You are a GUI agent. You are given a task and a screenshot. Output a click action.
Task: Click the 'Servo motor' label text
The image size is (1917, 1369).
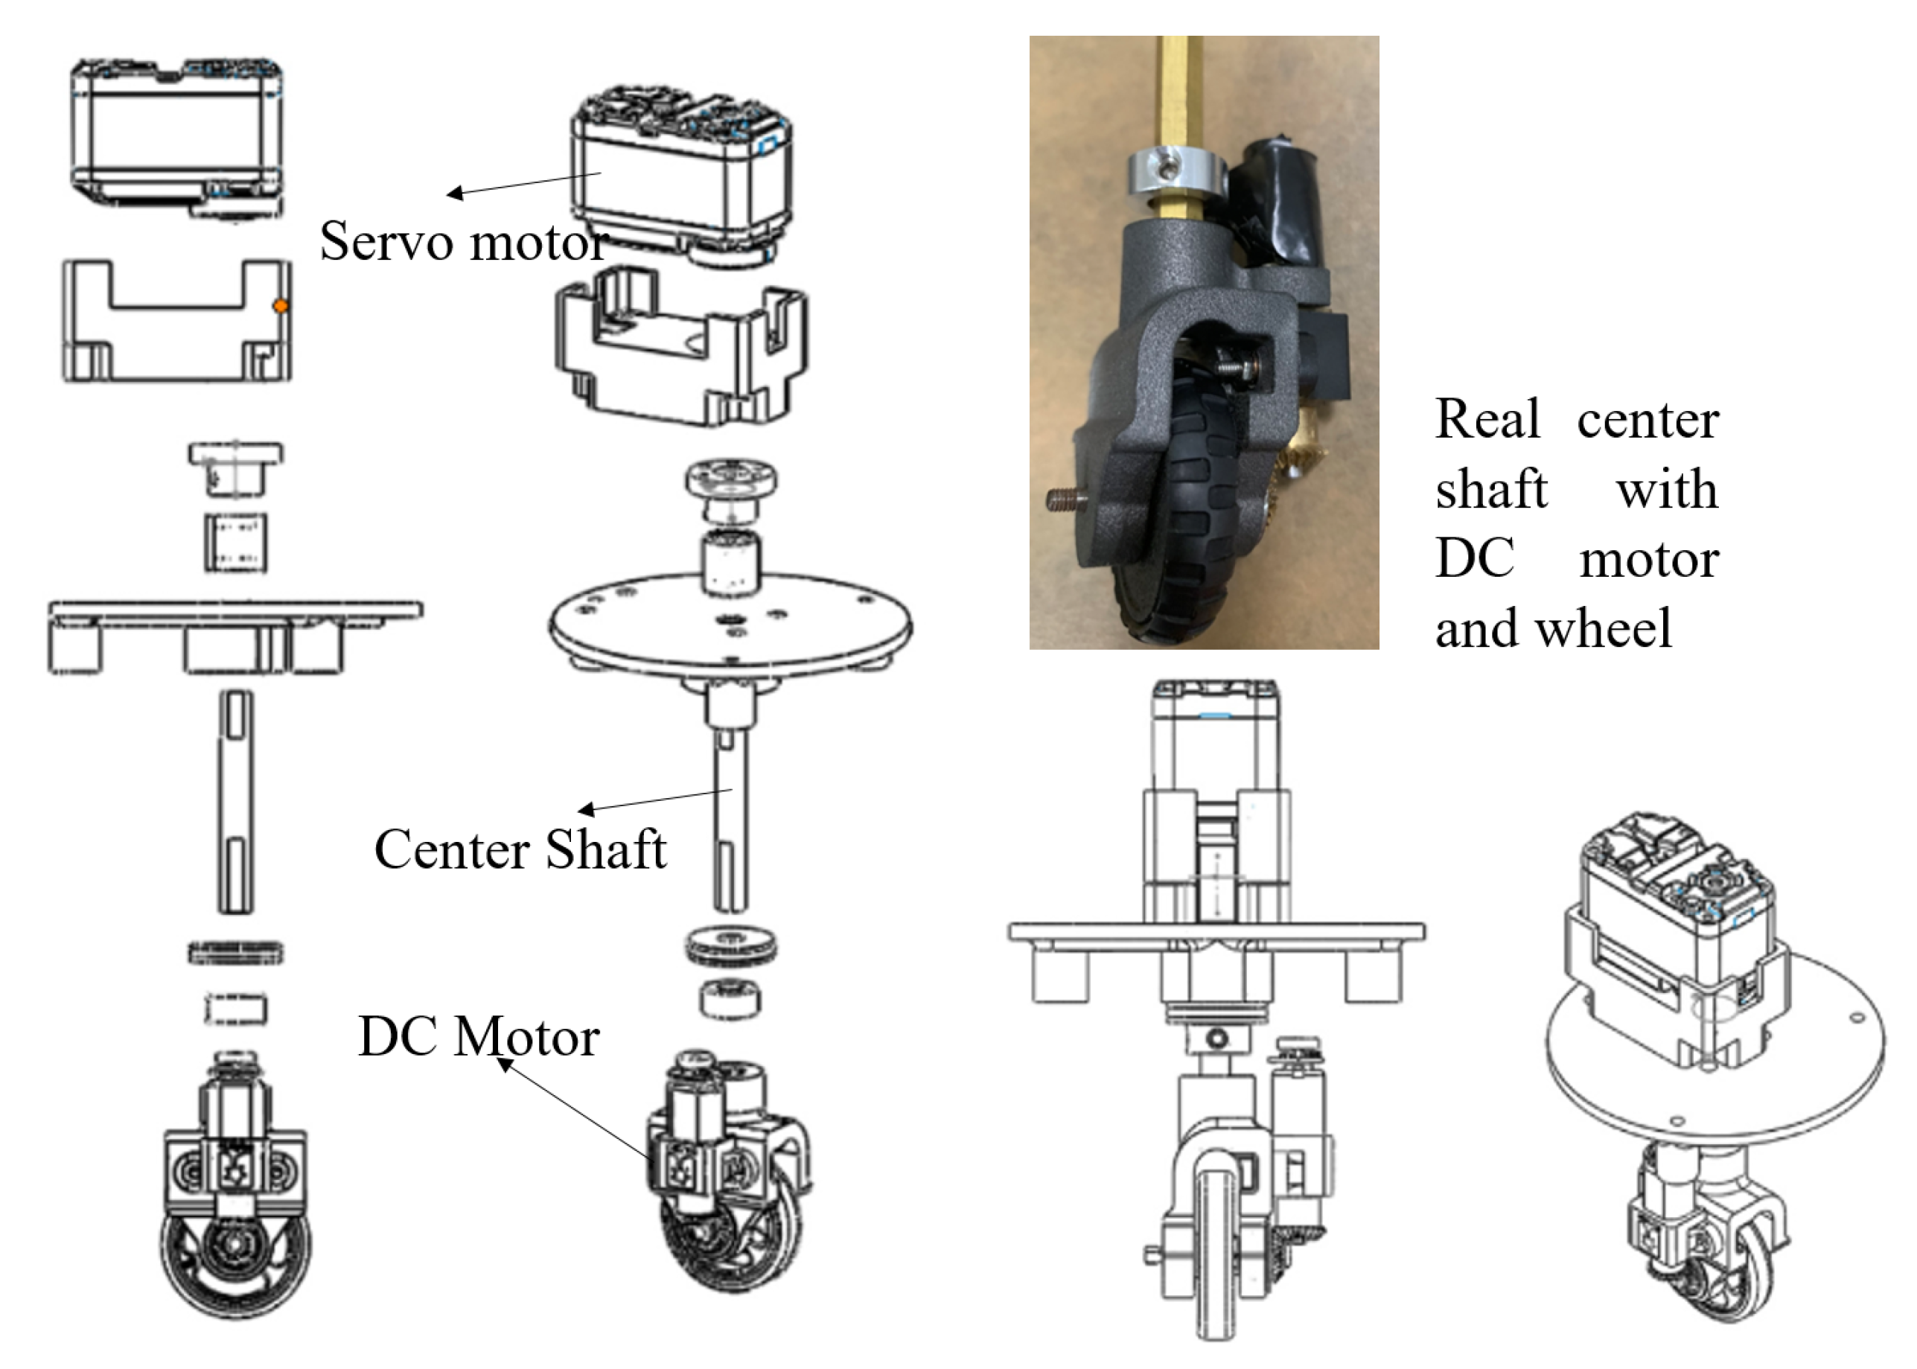463,242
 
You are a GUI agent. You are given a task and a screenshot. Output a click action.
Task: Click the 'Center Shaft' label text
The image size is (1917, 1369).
520,849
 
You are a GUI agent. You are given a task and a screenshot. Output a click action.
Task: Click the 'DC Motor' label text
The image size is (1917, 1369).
478,1036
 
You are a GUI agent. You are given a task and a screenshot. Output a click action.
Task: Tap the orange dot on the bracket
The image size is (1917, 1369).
281,307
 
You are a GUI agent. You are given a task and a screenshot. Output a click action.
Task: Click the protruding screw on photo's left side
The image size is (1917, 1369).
1065,503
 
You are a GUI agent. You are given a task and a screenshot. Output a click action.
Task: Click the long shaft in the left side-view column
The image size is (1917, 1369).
235,801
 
